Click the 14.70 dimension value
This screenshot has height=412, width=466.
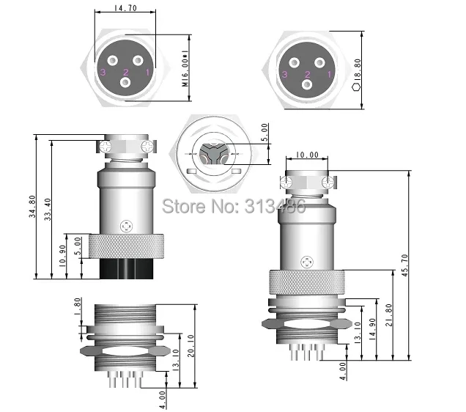[125, 8]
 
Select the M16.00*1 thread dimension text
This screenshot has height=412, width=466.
[185, 68]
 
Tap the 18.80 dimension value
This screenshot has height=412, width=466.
[358, 69]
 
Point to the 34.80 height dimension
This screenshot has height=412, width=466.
[32, 206]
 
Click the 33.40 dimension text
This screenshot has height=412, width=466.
[48, 209]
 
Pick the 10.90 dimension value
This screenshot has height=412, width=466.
[62, 256]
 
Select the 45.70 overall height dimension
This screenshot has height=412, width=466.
[404, 265]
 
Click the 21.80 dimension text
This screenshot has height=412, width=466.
[389, 314]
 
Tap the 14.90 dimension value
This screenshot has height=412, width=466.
[372, 329]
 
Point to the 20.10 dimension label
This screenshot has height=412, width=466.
[191, 346]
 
